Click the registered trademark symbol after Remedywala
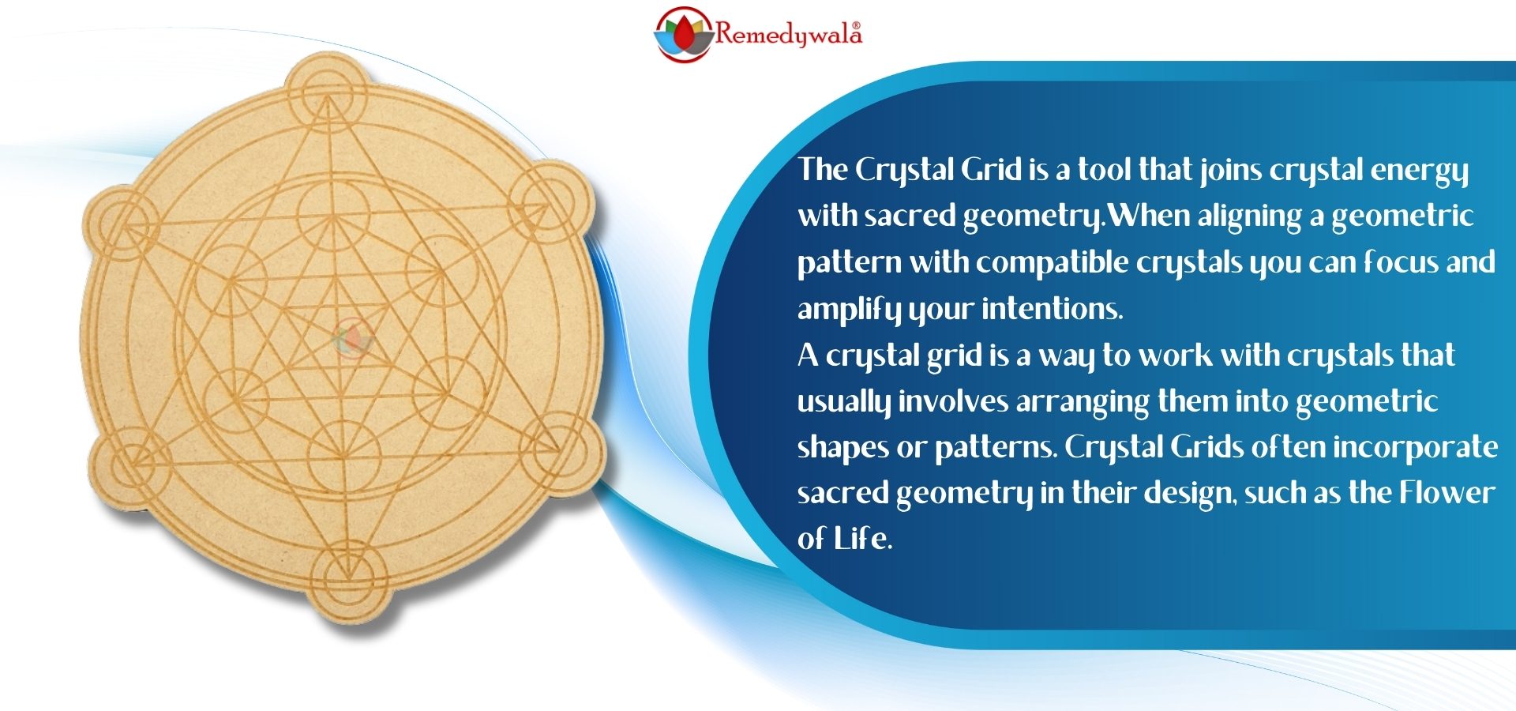pos(857,26)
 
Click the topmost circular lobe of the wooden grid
pos(325,93)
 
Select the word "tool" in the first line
pos(1103,169)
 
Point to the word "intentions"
pos(1049,308)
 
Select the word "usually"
pos(844,401)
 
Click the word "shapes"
pos(842,448)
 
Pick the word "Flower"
pos(1447,493)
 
